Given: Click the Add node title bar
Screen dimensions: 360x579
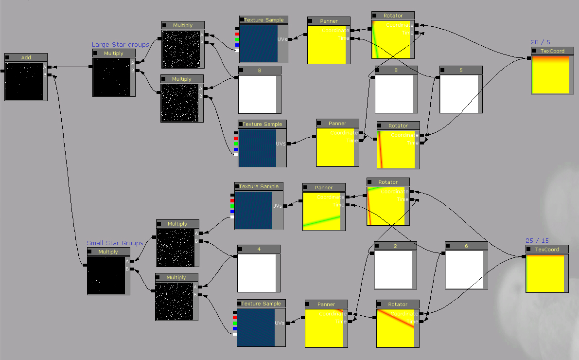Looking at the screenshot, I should click(26, 57).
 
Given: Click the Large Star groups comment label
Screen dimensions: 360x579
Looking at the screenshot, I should click(120, 45).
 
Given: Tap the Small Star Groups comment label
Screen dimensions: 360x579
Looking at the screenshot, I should click(115, 243).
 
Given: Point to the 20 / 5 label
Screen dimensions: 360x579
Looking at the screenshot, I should click(541, 42).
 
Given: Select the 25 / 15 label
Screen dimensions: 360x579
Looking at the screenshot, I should click(537, 241).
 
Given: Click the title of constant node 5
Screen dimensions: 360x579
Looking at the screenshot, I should click(461, 70).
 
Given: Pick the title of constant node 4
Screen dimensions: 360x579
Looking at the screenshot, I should click(259, 249).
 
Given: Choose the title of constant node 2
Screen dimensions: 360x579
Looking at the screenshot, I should click(395, 246).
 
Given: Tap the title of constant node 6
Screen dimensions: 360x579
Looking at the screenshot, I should click(466, 246).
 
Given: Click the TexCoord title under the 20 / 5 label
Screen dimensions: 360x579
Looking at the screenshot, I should click(552, 51).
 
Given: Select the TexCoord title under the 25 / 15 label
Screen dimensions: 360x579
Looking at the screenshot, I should click(547, 250).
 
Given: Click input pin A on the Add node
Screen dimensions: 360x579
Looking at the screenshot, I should click(49, 67).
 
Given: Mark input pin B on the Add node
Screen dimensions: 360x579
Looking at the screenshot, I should click(49, 75).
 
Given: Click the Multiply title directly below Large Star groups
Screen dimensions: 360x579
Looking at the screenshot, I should click(114, 54).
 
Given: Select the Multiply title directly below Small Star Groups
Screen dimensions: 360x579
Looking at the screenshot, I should click(108, 252).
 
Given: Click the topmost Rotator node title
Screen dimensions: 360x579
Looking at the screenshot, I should click(393, 16).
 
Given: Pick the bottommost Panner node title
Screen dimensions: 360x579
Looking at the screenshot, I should click(326, 305).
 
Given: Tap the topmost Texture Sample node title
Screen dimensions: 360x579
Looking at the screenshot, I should click(263, 20).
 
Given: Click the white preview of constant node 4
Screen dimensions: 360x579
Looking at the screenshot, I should click(257, 272).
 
